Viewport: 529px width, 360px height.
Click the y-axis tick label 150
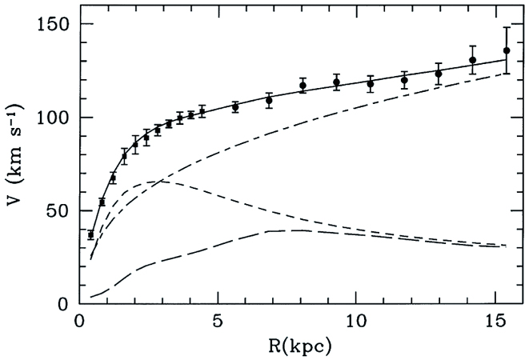(x=54, y=25)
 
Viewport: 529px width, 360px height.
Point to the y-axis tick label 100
(x=54, y=118)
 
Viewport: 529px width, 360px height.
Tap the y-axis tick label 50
(x=58, y=210)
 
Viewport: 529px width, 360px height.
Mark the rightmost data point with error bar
(x=507, y=50)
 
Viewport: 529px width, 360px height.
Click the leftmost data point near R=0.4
(x=90, y=234)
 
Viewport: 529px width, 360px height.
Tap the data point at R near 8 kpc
(x=303, y=86)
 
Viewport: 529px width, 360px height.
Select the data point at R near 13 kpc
(x=439, y=74)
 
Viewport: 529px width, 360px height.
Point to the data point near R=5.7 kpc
(x=235, y=106)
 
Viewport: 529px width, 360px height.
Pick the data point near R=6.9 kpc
(x=269, y=100)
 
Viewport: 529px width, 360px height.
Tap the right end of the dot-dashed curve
(x=507, y=73)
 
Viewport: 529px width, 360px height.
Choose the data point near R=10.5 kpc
(x=371, y=83)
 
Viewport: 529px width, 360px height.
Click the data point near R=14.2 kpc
(x=473, y=60)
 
